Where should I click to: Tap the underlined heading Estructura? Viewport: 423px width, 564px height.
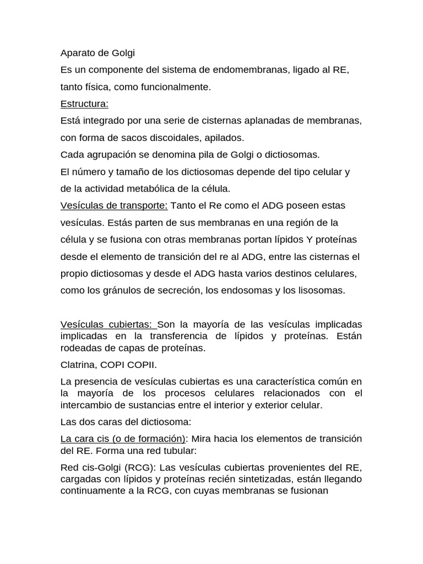point(84,104)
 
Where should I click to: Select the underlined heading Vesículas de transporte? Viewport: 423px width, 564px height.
point(114,205)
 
